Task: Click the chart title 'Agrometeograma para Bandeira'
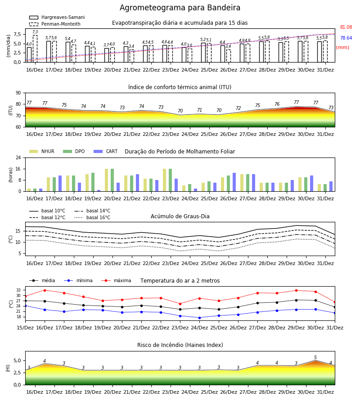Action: pyautogui.click(x=180, y=8)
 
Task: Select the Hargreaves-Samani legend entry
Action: pyautogui.click(x=57, y=17)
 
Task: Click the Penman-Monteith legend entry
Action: pyautogui.click(x=55, y=24)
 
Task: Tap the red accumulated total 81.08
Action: pyautogui.click(x=346, y=27)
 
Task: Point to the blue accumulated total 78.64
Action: pyautogui.click(x=346, y=38)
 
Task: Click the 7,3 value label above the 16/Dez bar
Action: pyautogui.click(x=35, y=32)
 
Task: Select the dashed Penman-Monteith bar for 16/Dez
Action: pyautogui.click(x=35, y=49)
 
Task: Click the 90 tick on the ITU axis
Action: pyautogui.click(x=18, y=93)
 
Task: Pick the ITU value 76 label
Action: pyautogui.click(x=277, y=104)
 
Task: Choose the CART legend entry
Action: pyautogui.click(x=106, y=151)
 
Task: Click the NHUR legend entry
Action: pyautogui.click(x=42, y=151)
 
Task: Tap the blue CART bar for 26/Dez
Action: pyautogui.click(x=234, y=182)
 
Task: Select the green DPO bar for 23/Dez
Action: pyautogui.click(x=171, y=180)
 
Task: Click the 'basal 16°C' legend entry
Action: pyautogui.click(x=92, y=217)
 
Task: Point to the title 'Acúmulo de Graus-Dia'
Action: pyautogui.click(x=180, y=216)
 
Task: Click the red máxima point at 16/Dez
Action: pyautogui.click(x=45, y=290)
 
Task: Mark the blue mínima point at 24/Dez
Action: pyautogui.click(x=199, y=318)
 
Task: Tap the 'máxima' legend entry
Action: pyautogui.click(x=116, y=280)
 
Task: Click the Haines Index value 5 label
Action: pyautogui.click(x=315, y=357)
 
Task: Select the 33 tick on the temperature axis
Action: pyautogui.click(x=18, y=290)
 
